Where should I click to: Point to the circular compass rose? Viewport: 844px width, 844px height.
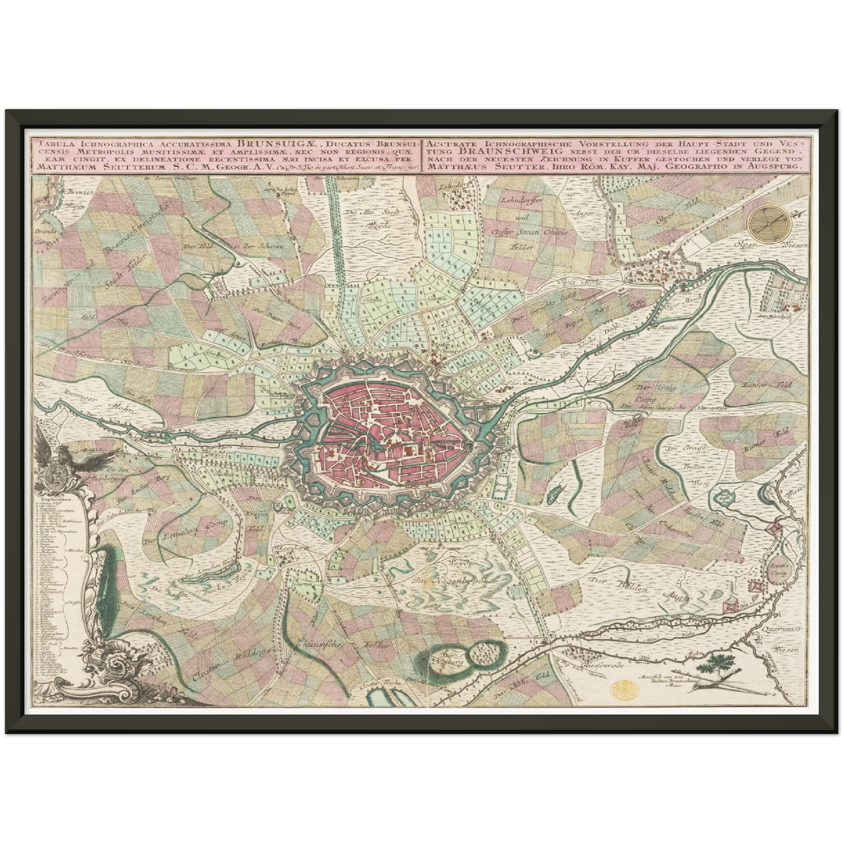769,222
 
